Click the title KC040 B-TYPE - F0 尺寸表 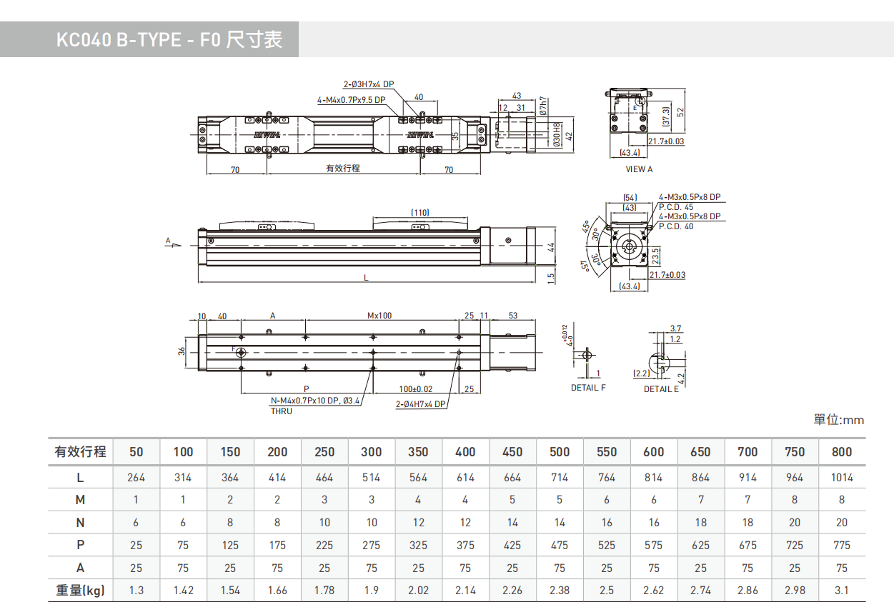pos(169,39)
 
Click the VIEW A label pos(639,169)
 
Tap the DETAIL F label pos(588,388)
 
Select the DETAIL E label pos(661,389)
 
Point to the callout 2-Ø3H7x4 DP pos(368,84)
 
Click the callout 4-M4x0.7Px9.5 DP pos(352,100)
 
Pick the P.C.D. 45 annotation pos(675,207)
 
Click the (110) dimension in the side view pos(420,212)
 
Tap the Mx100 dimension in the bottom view pos(379,315)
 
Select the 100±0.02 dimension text pos(416,388)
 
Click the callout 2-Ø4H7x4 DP pos(421,404)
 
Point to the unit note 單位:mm pos(839,420)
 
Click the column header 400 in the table pos(465,451)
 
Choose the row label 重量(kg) pos(80,591)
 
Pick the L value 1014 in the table pos(842,477)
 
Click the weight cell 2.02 pos(418,591)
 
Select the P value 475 pos(560,545)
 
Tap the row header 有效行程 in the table pos(80,451)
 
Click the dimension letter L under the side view pos(366,278)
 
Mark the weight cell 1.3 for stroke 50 pos(136,591)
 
